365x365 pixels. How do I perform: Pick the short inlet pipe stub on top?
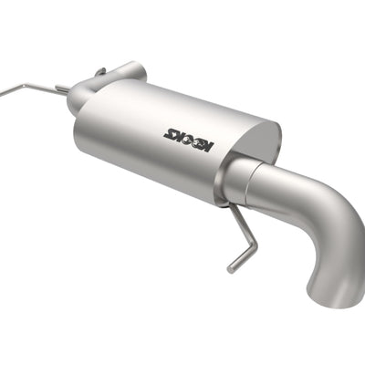(128, 71)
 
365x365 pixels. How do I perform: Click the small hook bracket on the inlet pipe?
(100, 71)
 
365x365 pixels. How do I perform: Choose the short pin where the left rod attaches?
(62, 89)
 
